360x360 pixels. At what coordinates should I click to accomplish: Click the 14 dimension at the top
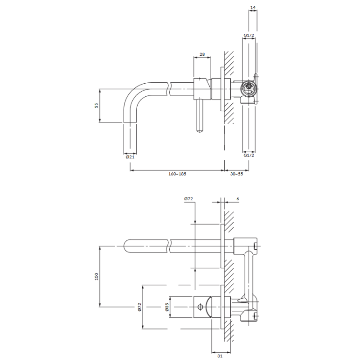click(x=253, y=8)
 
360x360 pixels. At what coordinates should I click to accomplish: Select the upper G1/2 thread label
click(x=249, y=36)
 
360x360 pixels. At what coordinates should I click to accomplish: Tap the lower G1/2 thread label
click(x=249, y=155)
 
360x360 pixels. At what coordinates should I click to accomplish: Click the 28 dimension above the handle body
click(x=202, y=54)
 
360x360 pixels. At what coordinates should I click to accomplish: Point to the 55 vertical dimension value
click(x=97, y=105)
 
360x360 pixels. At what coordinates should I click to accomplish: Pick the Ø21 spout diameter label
click(x=130, y=157)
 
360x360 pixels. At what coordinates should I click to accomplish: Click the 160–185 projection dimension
click(x=177, y=174)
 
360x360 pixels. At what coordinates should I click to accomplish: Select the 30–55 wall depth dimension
click(x=237, y=174)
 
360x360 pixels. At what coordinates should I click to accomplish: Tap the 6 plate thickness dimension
click(x=238, y=199)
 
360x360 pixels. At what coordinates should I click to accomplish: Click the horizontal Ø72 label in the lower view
click(x=189, y=199)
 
